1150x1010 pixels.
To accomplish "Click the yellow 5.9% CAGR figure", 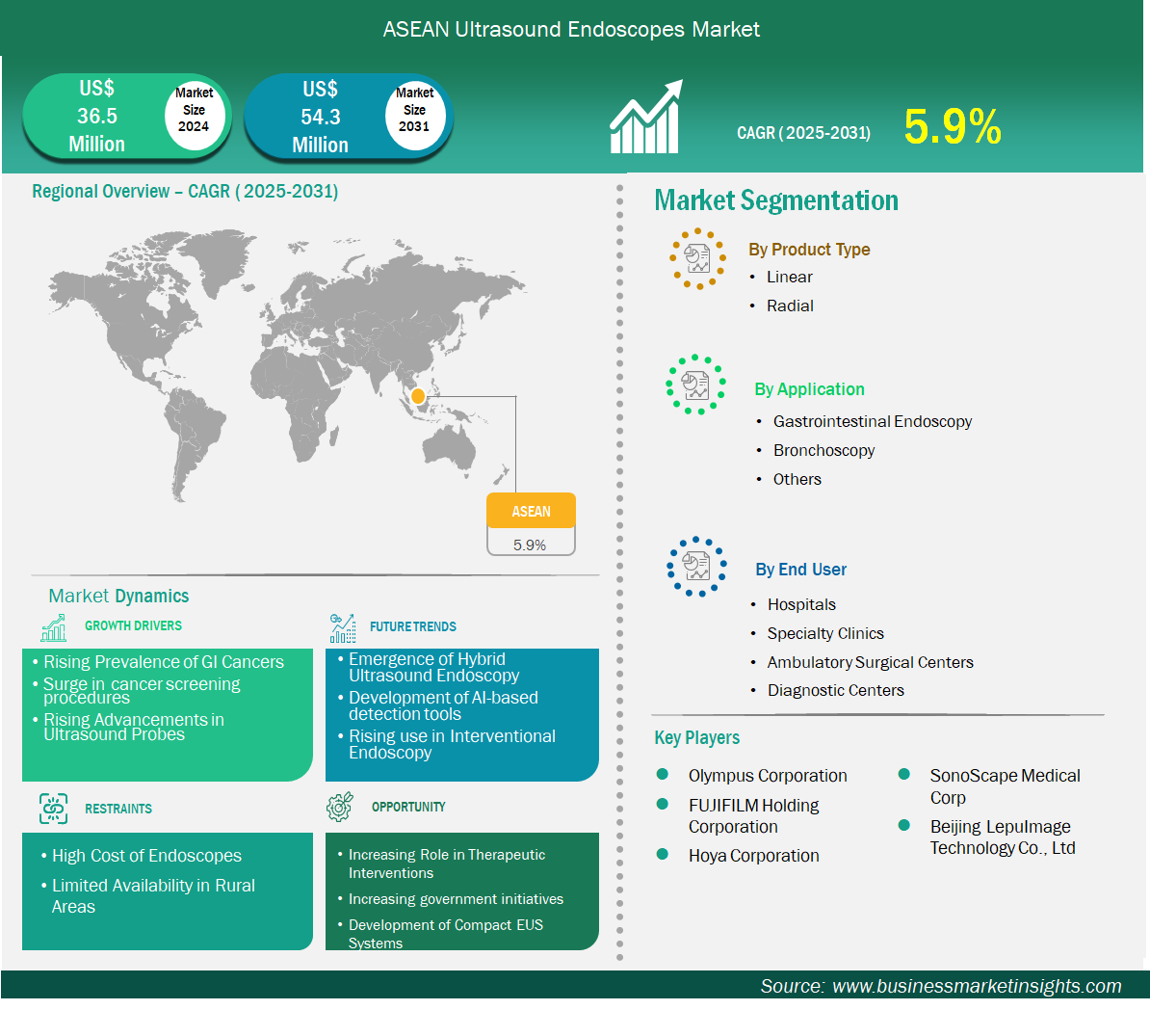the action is [x=952, y=126].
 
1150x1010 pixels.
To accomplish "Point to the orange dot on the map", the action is [x=418, y=396].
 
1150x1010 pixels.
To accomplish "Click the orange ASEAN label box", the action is [x=531, y=511].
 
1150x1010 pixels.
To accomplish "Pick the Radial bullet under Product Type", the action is [x=790, y=306].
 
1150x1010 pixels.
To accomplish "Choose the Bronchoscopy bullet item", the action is [x=823, y=451].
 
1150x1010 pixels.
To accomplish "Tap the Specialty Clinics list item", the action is [x=825, y=633].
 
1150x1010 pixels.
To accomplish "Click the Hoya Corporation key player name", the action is [x=753, y=856].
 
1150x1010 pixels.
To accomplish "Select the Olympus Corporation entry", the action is [x=768, y=776].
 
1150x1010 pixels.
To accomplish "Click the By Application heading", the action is [x=809, y=389].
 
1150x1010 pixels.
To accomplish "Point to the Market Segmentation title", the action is [x=776, y=200].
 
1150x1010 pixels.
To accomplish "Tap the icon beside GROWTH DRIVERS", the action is [x=54, y=627].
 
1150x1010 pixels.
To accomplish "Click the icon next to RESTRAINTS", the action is [x=54, y=809].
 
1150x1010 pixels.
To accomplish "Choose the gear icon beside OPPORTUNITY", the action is [x=340, y=807].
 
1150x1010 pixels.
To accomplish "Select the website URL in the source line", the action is [x=977, y=986].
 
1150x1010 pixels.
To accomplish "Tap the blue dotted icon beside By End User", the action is [x=696, y=567].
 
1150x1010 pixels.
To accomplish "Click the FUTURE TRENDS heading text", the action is [x=413, y=626].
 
